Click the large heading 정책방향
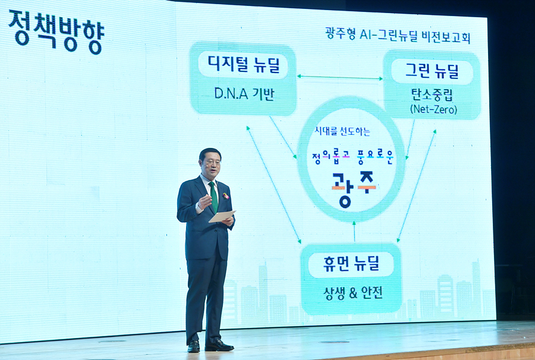coord(56,31)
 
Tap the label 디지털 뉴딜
coord(243,64)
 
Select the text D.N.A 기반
coord(244,93)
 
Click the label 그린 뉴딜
coord(432,71)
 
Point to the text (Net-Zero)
coord(433,109)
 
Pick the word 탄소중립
coord(432,95)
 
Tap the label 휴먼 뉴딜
coord(351,264)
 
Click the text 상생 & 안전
coord(353,292)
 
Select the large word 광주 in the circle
coord(354,189)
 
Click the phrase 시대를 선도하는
coord(342,131)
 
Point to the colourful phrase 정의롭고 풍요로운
coord(353,157)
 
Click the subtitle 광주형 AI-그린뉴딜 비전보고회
coord(398,35)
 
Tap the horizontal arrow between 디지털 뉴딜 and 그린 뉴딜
coord(340,77)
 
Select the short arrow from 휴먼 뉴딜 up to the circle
coord(354,232)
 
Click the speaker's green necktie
coord(213,197)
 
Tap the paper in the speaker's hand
coord(222,216)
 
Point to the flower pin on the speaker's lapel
coord(225,196)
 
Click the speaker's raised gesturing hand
coord(205,201)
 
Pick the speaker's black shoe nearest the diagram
coord(219,346)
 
